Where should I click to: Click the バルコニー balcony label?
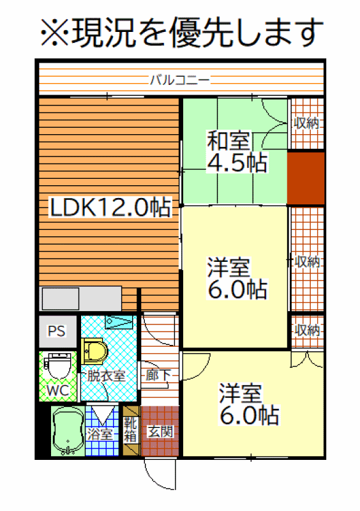coord(179,79)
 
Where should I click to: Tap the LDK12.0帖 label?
coord(110,207)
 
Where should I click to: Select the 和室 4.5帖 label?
coord(237,151)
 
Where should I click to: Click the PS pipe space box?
coord(57,331)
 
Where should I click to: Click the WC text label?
coord(58,390)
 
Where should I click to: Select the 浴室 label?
coord(100,434)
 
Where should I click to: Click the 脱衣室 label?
coord(106,376)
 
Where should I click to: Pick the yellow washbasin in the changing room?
coord(94,351)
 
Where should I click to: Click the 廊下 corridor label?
coord(158,375)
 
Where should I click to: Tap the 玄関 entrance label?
coord(160,432)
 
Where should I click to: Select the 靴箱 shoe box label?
coord(130,430)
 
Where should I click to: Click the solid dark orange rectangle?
coord(306,178)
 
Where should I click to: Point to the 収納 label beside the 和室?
coord(306,123)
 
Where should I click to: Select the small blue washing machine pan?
coord(119,322)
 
